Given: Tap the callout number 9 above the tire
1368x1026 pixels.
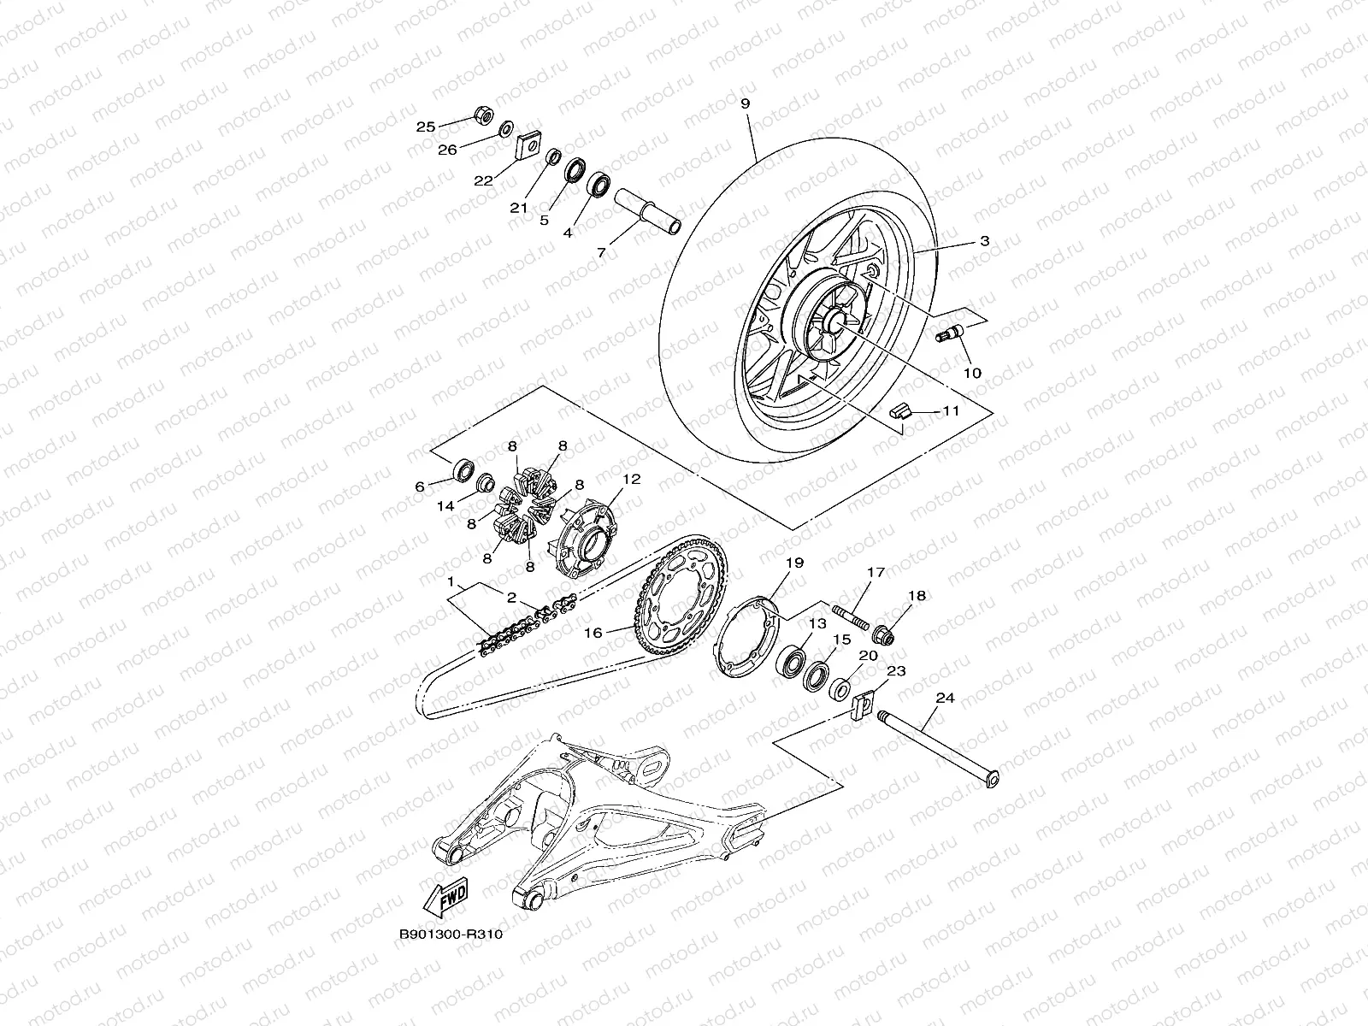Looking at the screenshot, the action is click(746, 103).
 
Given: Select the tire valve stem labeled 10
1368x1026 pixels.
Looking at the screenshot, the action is click(949, 333).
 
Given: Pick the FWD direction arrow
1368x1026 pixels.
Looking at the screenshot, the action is click(445, 898).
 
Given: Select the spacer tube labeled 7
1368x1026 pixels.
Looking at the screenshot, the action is click(647, 212).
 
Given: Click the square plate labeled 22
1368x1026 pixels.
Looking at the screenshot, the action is click(528, 148).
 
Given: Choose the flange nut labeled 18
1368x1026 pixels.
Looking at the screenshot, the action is click(884, 635).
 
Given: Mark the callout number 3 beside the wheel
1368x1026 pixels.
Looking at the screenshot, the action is click(985, 240).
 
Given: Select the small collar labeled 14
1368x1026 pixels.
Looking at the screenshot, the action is click(486, 483).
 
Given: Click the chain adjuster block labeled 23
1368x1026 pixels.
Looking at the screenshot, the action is click(861, 707).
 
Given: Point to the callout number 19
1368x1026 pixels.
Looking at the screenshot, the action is click(794, 563).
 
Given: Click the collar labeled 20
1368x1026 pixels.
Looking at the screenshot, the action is click(840, 689).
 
